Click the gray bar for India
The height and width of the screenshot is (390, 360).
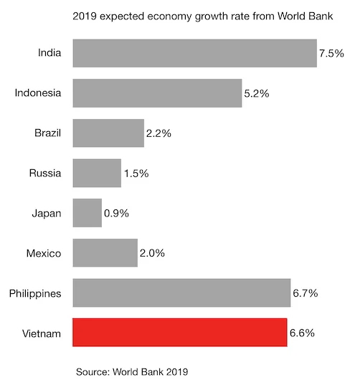(x=194, y=53)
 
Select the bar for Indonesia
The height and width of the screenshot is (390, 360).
(x=157, y=93)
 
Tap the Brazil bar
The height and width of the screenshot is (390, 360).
(x=108, y=133)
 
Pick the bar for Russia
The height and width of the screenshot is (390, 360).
(x=97, y=173)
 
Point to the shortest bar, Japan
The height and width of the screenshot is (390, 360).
(x=87, y=213)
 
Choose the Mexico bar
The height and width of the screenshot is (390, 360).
(x=105, y=253)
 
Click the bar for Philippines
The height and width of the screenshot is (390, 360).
(x=181, y=293)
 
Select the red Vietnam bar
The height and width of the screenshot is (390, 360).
(x=180, y=333)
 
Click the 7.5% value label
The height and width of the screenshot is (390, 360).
(x=331, y=53)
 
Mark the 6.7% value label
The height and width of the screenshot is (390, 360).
(x=305, y=293)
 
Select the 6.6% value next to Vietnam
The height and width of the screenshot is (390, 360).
(x=302, y=333)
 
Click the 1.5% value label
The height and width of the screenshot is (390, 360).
(x=136, y=173)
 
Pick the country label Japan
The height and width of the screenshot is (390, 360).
(x=47, y=213)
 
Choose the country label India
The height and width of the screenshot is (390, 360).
(x=50, y=53)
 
